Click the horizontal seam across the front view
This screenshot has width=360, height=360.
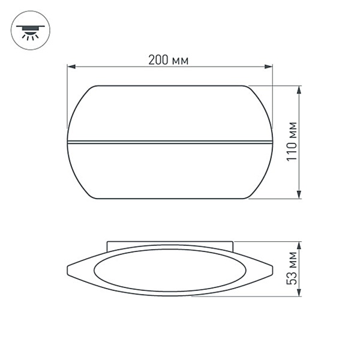[170, 142]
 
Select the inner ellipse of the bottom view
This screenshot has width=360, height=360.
[170, 270]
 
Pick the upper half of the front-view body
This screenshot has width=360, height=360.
[170, 114]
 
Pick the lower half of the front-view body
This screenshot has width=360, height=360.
[170, 171]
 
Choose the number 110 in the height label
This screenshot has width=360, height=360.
[292, 152]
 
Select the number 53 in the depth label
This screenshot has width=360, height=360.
[292, 278]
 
